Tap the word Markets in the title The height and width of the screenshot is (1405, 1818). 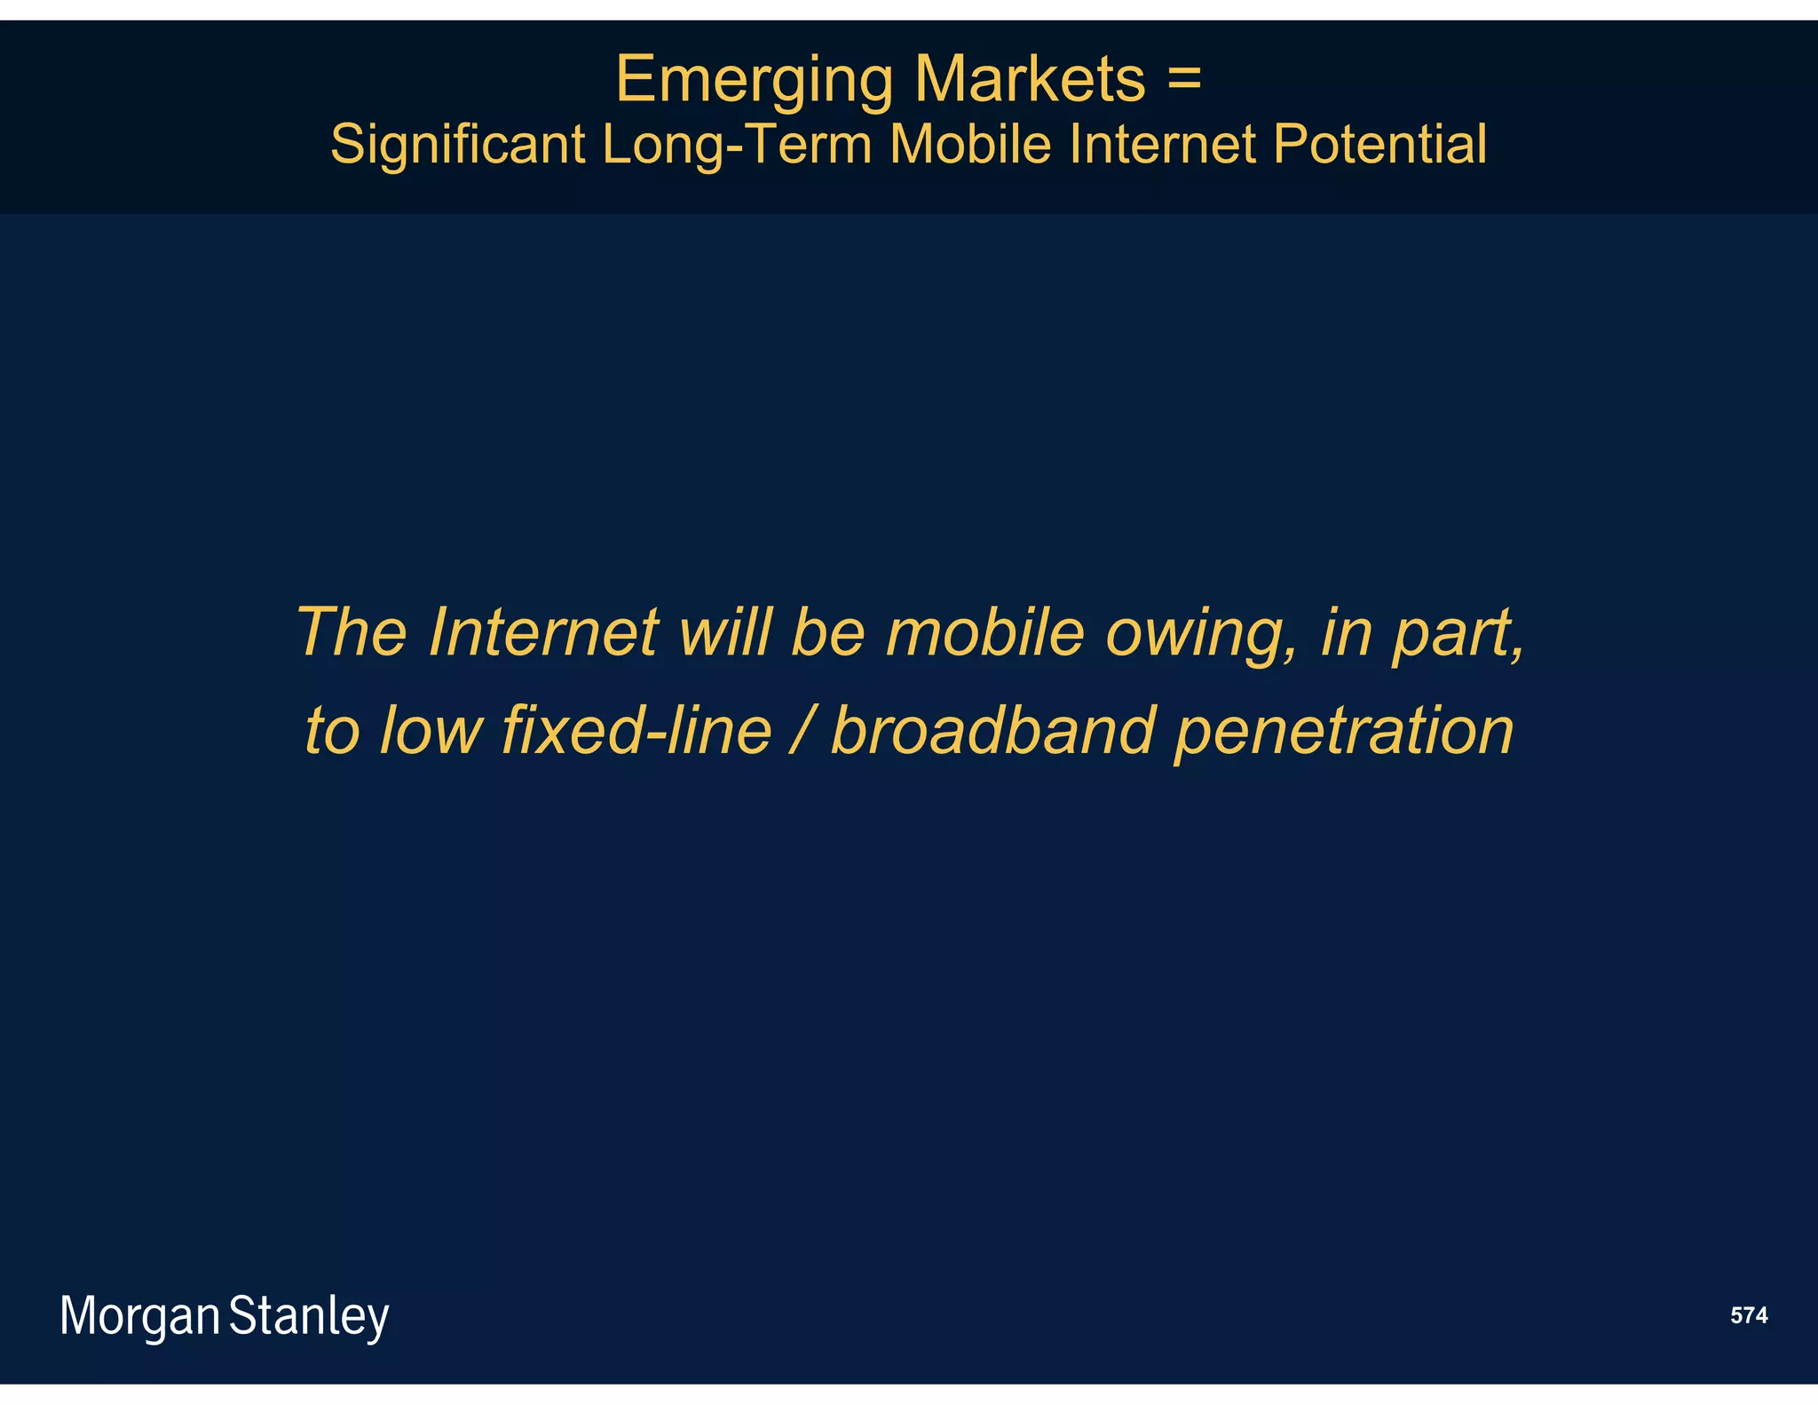tap(1030, 80)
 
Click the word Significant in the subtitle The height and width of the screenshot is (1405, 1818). tap(457, 144)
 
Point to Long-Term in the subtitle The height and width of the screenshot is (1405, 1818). tap(737, 144)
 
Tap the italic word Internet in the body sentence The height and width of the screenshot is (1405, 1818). tap(542, 632)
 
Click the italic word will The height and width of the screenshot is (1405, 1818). tap(724, 632)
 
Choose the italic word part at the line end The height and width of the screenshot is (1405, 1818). tap(1456, 634)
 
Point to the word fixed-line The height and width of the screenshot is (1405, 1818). tap(636, 730)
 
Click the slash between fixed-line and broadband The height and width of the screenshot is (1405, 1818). tap(801, 730)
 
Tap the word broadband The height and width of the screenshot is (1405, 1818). tap(993, 730)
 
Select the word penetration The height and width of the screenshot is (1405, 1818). tap(1344, 732)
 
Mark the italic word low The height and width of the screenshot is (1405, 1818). tap(431, 730)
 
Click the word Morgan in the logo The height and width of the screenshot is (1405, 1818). tap(140, 1316)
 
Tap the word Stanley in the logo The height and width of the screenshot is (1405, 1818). tap(309, 1316)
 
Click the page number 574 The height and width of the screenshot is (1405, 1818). tap(1748, 1315)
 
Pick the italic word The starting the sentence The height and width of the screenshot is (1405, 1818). tap(352, 632)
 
